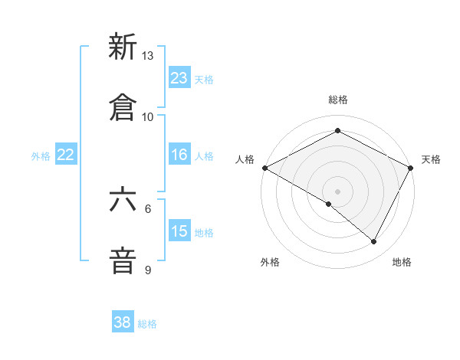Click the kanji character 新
click(x=123, y=47)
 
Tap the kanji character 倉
click(x=123, y=108)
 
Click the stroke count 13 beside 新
click(x=147, y=56)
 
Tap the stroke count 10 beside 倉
click(x=147, y=116)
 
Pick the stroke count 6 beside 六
click(x=148, y=208)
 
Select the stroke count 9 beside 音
click(x=148, y=270)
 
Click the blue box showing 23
click(x=179, y=78)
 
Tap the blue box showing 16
click(x=179, y=155)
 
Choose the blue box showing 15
click(x=179, y=231)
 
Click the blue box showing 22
click(x=65, y=155)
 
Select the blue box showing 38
click(x=123, y=322)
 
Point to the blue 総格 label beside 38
click(x=147, y=324)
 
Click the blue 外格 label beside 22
click(x=41, y=156)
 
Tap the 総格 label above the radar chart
click(x=338, y=100)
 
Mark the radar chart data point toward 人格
click(x=264, y=167)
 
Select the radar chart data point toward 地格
click(x=374, y=241)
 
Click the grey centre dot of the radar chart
click(x=338, y=191)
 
